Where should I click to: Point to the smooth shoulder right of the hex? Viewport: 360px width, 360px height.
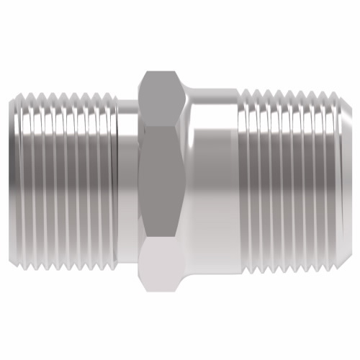tap(213, 180)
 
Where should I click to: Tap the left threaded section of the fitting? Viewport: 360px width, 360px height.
tap(65, 180)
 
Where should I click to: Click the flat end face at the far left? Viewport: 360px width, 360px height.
tap(12, 180)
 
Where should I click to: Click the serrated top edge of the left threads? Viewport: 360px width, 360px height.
tap(65, 94)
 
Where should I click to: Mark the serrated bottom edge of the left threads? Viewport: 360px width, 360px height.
tap(65, 267)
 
